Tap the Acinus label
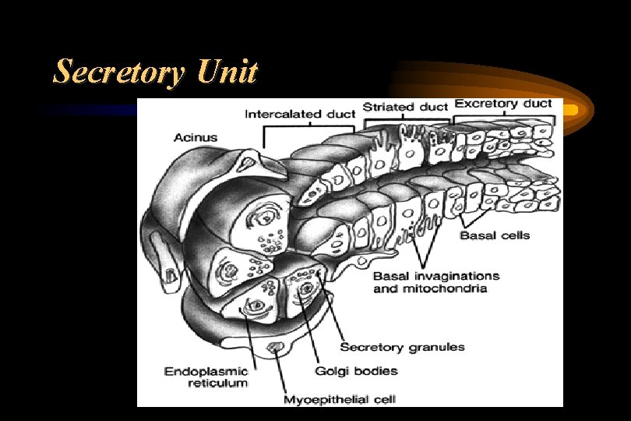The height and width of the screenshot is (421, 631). click(196, 138)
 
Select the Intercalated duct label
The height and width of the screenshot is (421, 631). click(300, 115)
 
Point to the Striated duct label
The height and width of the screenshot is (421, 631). click(404, 107)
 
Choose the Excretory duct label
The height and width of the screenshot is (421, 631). click(503, 103)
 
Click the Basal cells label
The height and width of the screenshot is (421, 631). click(494, 235)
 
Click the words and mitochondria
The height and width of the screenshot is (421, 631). click(430, 288)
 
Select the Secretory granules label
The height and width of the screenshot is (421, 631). click(402, 347)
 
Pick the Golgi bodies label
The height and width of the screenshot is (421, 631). click(356, 371)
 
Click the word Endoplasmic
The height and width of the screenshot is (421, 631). click(206, 371)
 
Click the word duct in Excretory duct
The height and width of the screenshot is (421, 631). click(537, 103)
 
